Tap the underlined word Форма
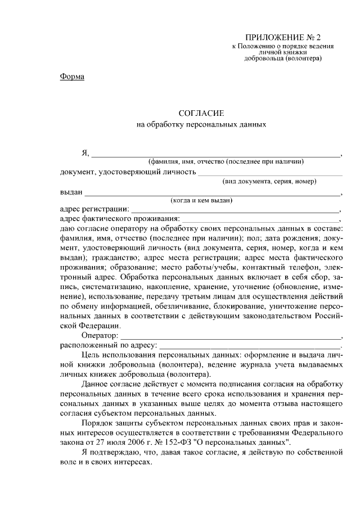pyautogui.click(x=72, y=76)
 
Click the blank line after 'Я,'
pyautogui.click(x=217, y=153)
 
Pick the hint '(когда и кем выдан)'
pyautogui.click(x=201, y=200)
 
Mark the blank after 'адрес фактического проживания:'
pyautogui.click(x=261, y=219)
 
